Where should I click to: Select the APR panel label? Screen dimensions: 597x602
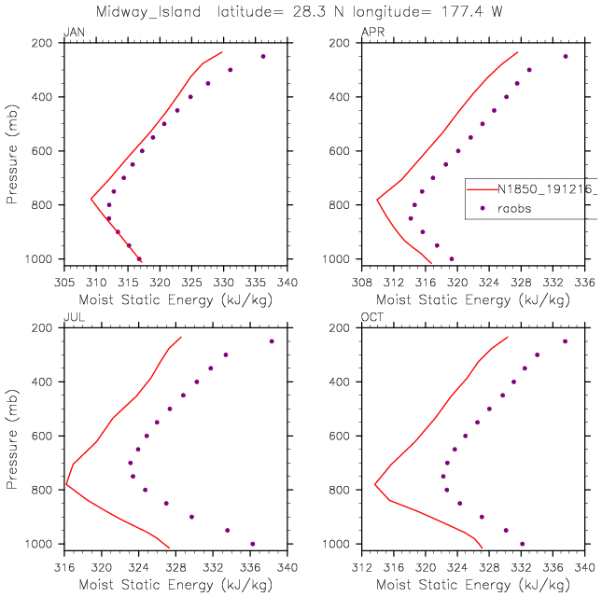[x=371, y=34]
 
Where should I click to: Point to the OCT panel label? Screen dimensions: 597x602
[x=371, y=318]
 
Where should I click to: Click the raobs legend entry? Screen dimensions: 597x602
[x=512, y=209]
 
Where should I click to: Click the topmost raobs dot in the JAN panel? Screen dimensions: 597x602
[x=263, y=56]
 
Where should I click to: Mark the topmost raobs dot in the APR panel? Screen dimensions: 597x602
[x=565, y=56]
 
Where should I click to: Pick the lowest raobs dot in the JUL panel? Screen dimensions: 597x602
[x=253, y=544]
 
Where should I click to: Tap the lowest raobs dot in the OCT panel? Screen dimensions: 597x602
[x=522, y=544]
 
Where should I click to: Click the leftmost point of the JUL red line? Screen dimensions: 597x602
[x=65, y=485]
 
